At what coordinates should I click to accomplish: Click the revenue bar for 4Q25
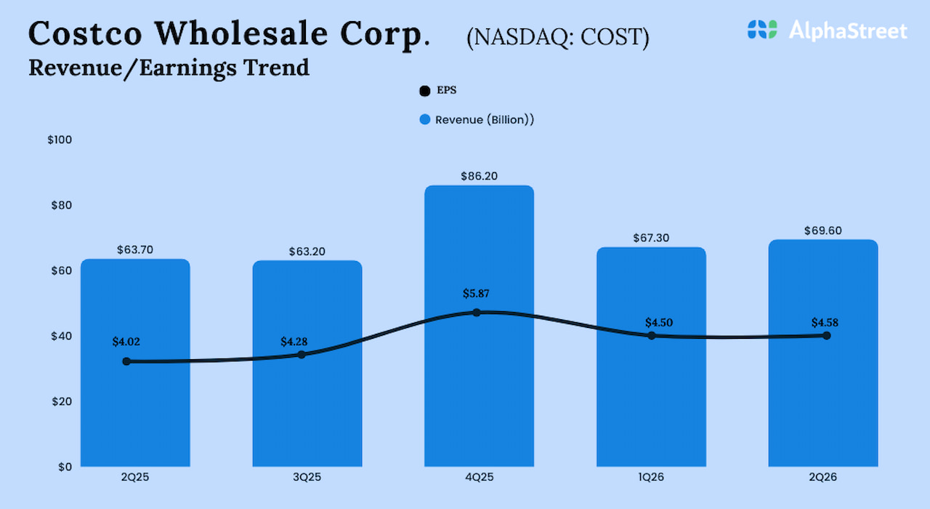coord(479,393)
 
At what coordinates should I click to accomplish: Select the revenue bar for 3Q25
coord(307,407)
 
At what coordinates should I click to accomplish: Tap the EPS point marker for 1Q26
coord(651,335)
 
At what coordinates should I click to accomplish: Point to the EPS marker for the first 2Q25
coord(126,361)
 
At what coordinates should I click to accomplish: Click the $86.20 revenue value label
coord(479,176)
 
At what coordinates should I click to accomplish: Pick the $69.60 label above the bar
coord(822,231)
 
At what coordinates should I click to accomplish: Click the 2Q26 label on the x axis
coord(823,478)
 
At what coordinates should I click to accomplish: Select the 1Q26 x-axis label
coord(651,478)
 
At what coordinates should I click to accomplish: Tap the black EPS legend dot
coord(425,92)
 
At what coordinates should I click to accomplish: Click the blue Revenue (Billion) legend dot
coord(425,119)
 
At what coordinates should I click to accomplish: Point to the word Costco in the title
coord(84,33)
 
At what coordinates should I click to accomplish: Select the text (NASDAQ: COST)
coord(557,37)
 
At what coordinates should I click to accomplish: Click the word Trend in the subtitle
coord(283,68)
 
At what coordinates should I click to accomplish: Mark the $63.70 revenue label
coord(135,250)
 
